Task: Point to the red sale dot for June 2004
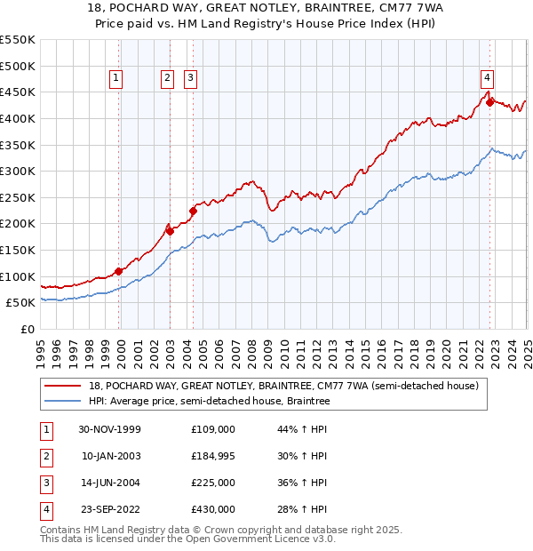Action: tap(192, 211)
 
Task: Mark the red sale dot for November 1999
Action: tap(118, 271)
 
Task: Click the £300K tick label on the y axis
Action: tap(18, 171)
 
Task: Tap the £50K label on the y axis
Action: tap(21, 303)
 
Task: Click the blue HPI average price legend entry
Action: tap(209, 401)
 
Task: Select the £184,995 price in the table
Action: tap(212, 456)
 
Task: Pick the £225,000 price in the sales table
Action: tap(212, 483)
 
